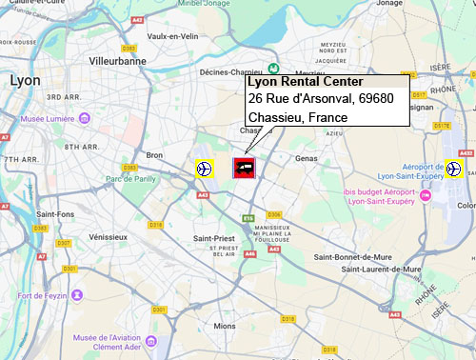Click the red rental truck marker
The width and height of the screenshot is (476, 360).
click(245, 169)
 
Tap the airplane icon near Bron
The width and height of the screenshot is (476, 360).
click(204, 169)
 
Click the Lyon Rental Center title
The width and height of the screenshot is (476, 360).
click(298, 82)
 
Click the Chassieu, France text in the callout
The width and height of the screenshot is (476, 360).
click(297, 117)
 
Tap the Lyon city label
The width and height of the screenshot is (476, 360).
click(24, 81)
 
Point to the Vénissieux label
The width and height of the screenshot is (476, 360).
click(107, 235)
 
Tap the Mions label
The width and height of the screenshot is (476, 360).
click(225, 326)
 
